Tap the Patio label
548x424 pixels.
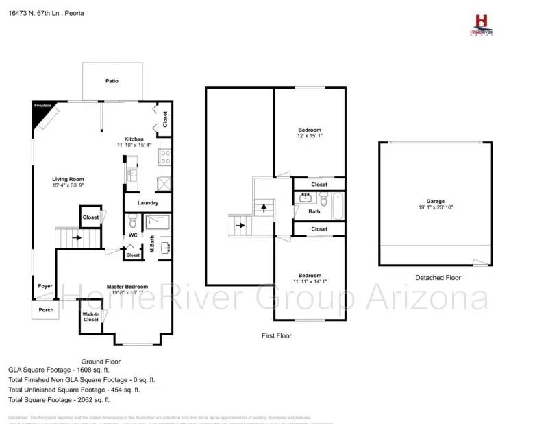click(112, 81)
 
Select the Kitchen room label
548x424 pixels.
click(134, 139)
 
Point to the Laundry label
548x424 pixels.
click(148, 203)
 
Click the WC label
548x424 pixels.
click(133, 235)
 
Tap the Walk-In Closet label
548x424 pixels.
click(91, 317)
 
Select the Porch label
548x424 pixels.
click(45, 309)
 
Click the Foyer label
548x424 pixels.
click(45, 286)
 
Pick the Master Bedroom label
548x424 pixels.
click(127, 286)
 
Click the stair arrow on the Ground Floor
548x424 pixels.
click(76, 238)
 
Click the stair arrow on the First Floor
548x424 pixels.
click(239, 224)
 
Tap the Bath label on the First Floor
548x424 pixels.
click(314, 211)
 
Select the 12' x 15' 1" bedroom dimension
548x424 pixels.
click(310, 136)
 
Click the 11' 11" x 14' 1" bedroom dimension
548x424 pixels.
click(310, 281)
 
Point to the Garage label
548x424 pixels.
click(436, 201)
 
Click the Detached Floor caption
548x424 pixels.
click(438, 278)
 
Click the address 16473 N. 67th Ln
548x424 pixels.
click(34, 12)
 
